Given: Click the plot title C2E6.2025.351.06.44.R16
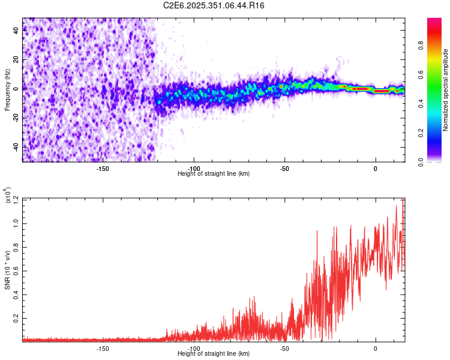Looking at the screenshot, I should point(214,5).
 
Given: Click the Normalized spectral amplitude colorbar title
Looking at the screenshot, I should point(446,90).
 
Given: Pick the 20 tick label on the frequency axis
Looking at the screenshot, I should point(16,60).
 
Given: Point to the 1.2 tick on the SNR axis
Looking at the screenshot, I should point(16,199).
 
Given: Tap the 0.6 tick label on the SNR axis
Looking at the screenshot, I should point(16,270).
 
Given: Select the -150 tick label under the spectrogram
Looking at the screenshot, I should point(102,169).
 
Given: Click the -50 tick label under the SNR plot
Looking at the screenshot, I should point(284,349).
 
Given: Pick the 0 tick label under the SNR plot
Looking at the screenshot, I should point(376,349).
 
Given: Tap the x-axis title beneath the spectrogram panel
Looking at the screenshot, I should point(214,174).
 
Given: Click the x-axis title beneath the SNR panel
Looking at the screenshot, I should point(214,354).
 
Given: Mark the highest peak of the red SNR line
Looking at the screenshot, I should point(396,206).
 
